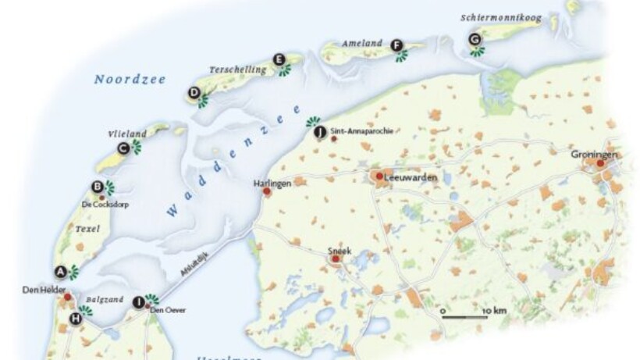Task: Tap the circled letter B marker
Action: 98,187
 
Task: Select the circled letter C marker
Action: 123,147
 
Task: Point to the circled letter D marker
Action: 194,93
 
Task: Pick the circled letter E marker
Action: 278,59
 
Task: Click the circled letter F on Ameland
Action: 396,45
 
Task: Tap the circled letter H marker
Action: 76,318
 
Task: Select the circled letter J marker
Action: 318,132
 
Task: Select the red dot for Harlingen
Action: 267,191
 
